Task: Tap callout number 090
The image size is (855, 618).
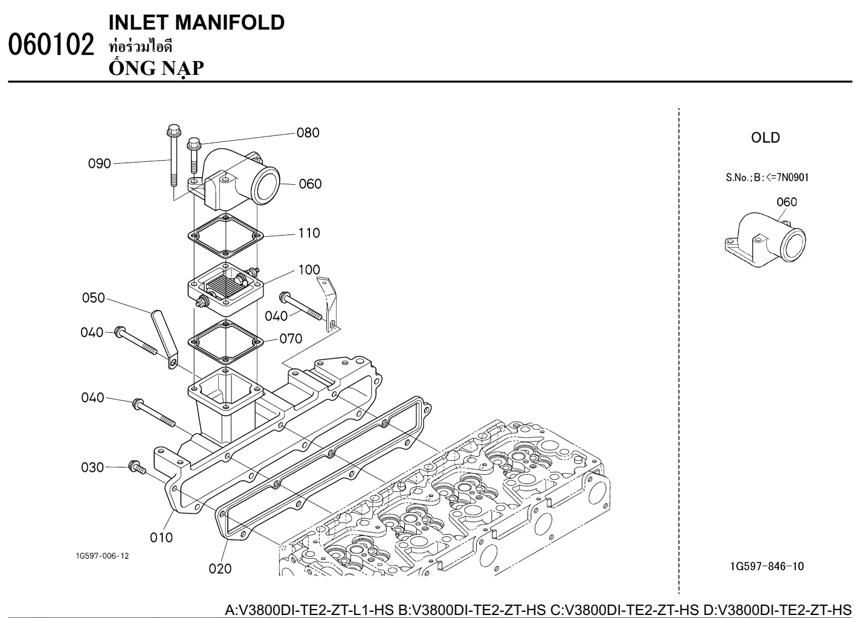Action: click(100, 163)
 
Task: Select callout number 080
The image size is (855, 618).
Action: click(308, 133)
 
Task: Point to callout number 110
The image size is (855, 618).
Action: click(309, 233)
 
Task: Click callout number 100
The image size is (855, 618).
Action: click(309, 269)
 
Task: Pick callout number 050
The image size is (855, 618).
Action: click(94, 298)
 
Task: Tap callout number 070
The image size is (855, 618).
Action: click(291, 339)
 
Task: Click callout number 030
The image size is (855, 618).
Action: click(92, 467)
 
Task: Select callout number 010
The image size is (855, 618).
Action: click(161, 537)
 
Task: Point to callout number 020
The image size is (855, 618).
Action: click(220, 568)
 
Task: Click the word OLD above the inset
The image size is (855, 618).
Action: click(766, 138)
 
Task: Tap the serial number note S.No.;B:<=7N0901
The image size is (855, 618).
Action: click(767, 178)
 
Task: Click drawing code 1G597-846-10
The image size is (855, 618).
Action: click(767, 566)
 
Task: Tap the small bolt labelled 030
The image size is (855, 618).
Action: click(135, 466)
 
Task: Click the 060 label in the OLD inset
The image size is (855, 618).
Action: click(786, 202)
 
